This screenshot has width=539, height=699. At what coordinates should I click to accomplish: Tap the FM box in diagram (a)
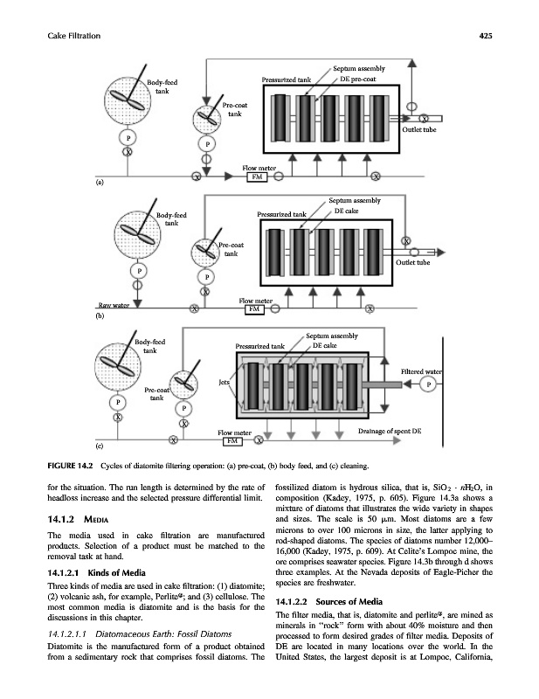(257, 176)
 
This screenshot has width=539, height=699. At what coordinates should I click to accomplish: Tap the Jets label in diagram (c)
(225, 380)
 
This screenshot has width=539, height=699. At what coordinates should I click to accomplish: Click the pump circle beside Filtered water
(428, 385)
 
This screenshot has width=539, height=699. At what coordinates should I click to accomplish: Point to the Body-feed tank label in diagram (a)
(162, 86)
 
